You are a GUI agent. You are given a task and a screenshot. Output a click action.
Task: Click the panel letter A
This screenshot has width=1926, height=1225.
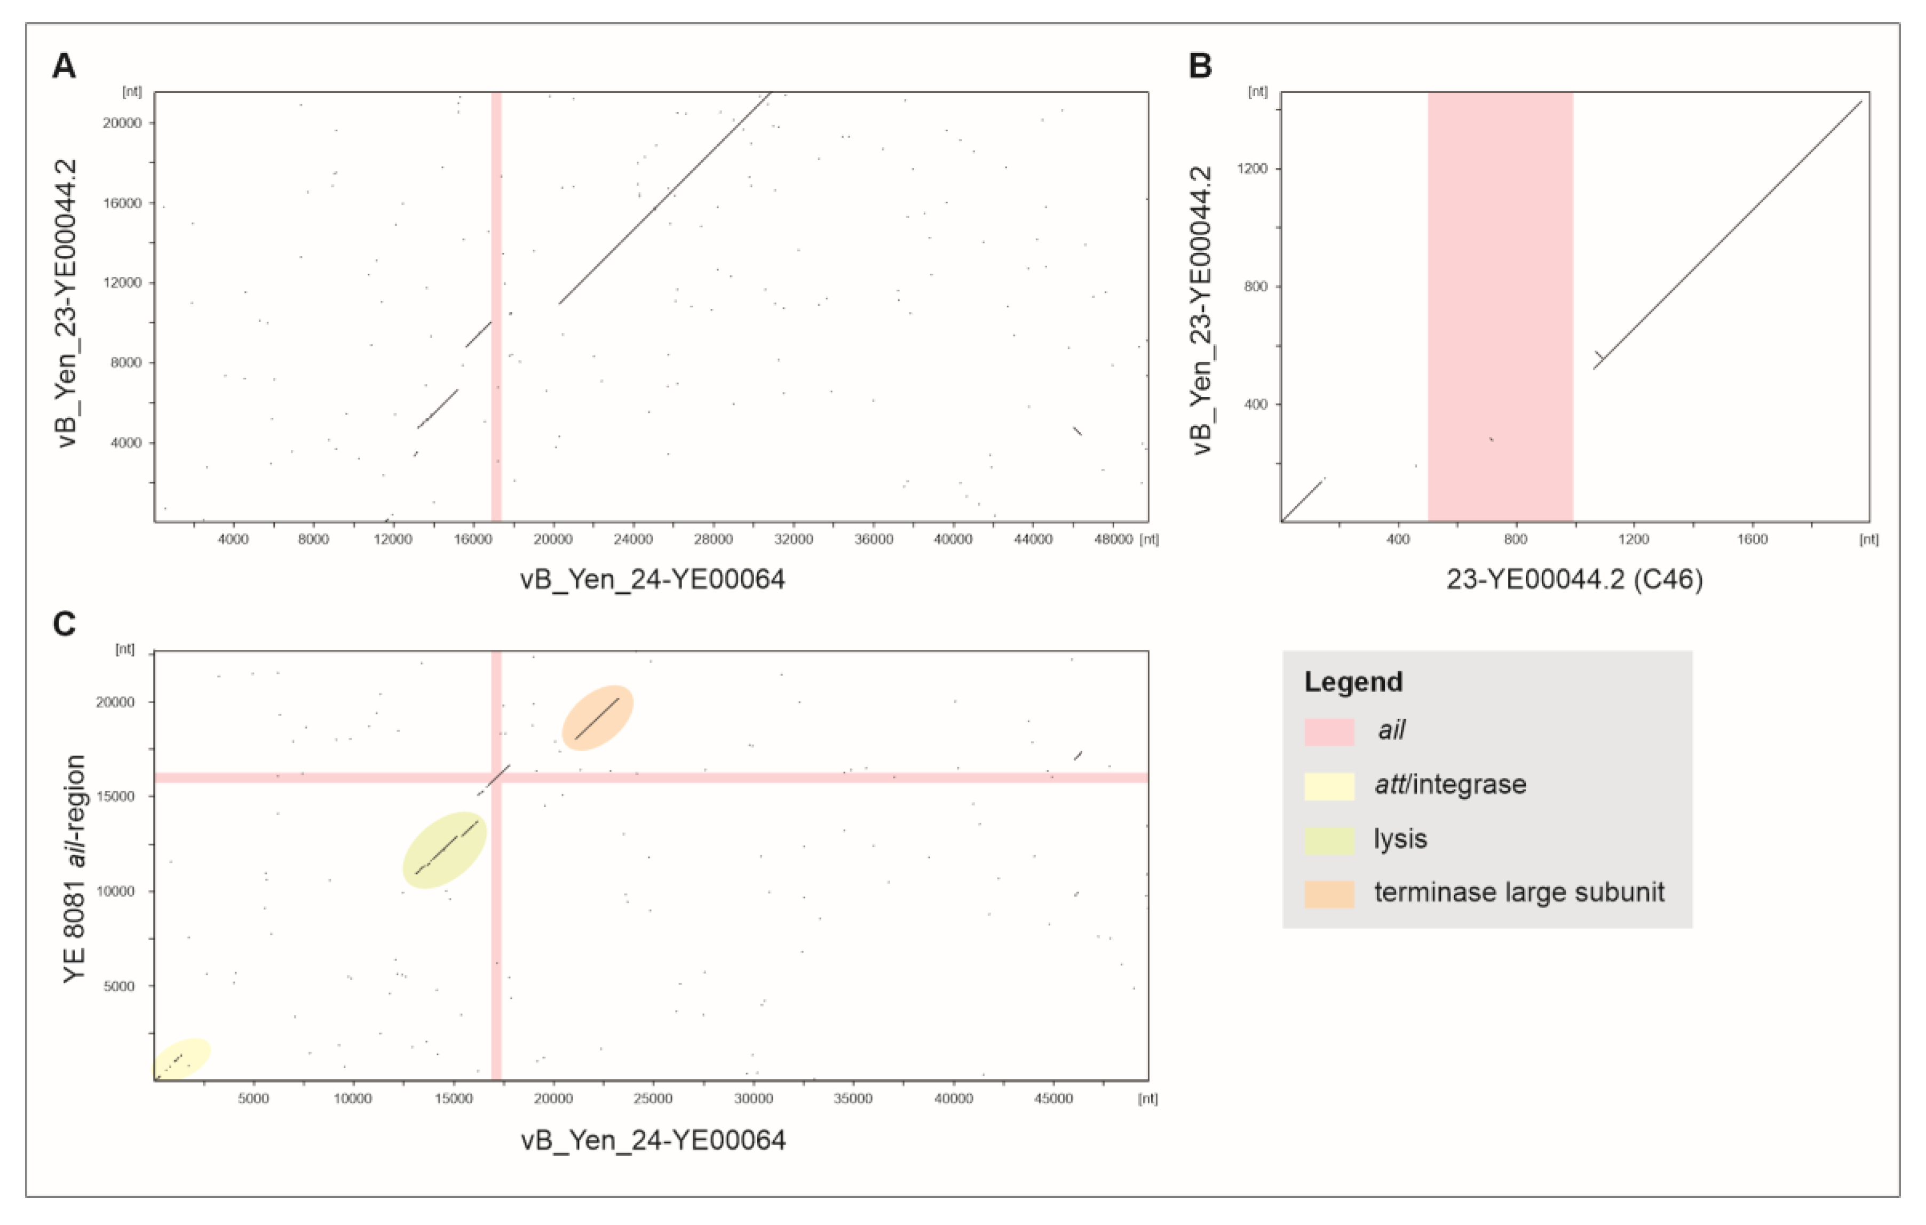pos(64,66)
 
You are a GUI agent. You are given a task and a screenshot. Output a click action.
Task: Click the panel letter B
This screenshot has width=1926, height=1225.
pos(1200,66)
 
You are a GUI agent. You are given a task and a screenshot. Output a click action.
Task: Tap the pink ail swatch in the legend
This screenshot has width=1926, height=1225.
pos(1328,731)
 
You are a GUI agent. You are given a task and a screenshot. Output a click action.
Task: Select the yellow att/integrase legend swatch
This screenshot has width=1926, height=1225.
pos(1328,786)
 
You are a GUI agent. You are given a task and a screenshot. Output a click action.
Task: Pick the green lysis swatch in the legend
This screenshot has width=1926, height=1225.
pos(1328,840)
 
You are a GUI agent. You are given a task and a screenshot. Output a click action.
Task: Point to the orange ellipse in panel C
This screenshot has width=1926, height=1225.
pos(598,717)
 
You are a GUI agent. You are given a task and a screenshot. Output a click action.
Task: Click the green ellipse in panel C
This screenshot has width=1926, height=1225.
pos(445,850)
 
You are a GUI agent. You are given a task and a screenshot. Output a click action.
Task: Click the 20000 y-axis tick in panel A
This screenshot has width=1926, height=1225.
pos(122,123)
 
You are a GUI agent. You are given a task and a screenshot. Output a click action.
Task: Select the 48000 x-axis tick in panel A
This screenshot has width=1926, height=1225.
pos(1113,540)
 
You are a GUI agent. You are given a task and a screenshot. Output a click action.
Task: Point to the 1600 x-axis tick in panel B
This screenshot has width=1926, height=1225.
pos(1751,540)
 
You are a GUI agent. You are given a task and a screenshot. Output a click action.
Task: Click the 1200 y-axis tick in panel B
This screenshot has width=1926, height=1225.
pos(1252,169)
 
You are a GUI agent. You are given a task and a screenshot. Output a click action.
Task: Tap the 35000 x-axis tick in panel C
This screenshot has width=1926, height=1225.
pos(853,1099)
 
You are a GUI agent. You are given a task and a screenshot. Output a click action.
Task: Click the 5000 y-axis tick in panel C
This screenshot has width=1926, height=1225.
pos(118,986)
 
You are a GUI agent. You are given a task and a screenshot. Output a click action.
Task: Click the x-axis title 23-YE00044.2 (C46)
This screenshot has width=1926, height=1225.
pos(1574,579)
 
